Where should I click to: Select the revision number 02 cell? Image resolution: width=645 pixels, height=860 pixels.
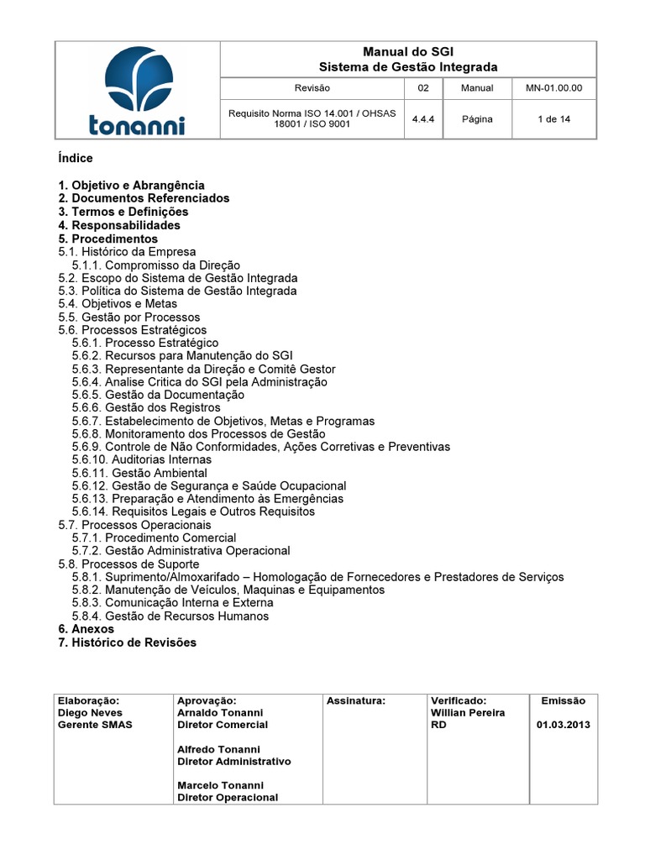[x=422, y=87]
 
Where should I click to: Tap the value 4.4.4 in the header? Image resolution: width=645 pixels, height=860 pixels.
[x=422, y=119]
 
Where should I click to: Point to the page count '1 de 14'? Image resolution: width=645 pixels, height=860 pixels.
[x=553, y=119]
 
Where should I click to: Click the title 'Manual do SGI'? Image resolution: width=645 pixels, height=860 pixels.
[x=408, y=52]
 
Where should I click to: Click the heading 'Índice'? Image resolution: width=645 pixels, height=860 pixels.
[x=76, y=158]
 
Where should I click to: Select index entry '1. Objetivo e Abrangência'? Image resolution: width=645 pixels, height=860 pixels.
[x=131, y=185]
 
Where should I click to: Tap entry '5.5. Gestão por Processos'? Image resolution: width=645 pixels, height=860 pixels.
[x=129, y=317]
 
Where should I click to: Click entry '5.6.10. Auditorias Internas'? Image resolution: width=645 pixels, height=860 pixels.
[x=141, y=459]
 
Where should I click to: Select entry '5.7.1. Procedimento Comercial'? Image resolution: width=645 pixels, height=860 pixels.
[x=154, y=537]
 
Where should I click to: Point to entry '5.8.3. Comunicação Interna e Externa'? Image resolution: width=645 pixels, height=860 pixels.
[x=172, y=602]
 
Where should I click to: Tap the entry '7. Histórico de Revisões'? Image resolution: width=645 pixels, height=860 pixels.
[x=127, y=642]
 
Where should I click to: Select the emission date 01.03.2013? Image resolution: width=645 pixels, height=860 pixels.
[x=563, y=725]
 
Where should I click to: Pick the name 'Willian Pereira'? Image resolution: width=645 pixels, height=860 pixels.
[x=468, y=712]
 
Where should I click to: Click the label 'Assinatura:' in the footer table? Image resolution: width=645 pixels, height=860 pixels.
[x=355, y=700]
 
